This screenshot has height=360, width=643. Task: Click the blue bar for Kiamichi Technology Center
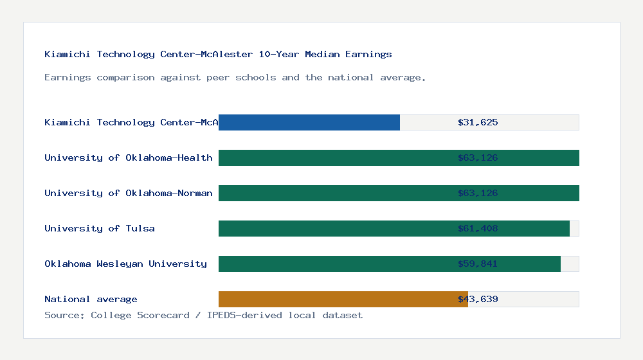coord(309,122)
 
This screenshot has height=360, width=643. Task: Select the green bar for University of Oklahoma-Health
coord(334,157)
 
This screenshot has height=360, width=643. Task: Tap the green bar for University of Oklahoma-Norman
coord(334,193)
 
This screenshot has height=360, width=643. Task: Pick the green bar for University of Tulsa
coord(334,228)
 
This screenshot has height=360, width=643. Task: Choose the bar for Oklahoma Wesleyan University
coord(334,264)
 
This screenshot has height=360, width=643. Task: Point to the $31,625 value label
coord(478,122)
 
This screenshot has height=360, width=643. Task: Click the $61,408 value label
coord(478,228)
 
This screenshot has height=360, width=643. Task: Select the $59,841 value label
coord(478,264)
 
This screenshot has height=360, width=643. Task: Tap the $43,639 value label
coord(478,299)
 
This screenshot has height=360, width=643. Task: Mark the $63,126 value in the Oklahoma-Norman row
coord(478,193)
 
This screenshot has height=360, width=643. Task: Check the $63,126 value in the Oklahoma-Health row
coord(478,157)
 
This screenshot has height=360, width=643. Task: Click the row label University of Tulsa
coord(100,228)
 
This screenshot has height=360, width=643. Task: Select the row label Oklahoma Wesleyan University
coord(125,264)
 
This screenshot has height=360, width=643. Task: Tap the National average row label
coord(91,299)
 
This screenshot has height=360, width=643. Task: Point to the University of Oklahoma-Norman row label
coord(129,193)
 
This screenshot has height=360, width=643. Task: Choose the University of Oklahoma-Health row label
coord(129,157)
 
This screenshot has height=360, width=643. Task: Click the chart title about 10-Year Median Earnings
coord(218,54)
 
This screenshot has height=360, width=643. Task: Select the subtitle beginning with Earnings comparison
coord(235,77)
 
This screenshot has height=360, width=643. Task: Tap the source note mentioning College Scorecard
coord(203,315)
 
